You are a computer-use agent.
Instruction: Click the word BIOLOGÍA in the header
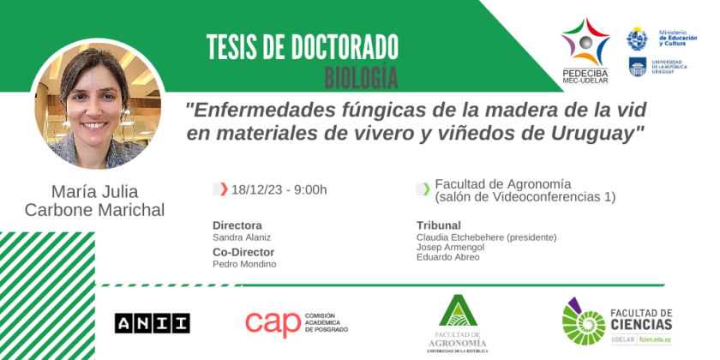tap(361, 78)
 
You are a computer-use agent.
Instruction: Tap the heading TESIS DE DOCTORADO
tap(302, 47)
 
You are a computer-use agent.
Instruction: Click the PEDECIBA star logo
tap(585, 42)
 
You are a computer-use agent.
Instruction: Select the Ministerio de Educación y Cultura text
tap(678, 38)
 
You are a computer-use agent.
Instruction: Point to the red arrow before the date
tap(224, 189)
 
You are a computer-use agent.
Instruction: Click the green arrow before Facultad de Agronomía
tap(427, 189)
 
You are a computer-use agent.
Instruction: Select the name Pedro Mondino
tap(244, 264)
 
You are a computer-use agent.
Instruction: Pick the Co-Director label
tap(243, 252)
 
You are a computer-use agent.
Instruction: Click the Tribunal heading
tap(439, 225)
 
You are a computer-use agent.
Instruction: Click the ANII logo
tap(152, 323)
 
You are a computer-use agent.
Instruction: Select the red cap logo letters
tap(273, 324)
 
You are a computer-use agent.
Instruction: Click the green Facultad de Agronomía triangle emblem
tap(458, 310)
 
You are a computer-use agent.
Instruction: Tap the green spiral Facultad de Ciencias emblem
tap(583, 321)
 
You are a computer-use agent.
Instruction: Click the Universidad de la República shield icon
tap(638, 67)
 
